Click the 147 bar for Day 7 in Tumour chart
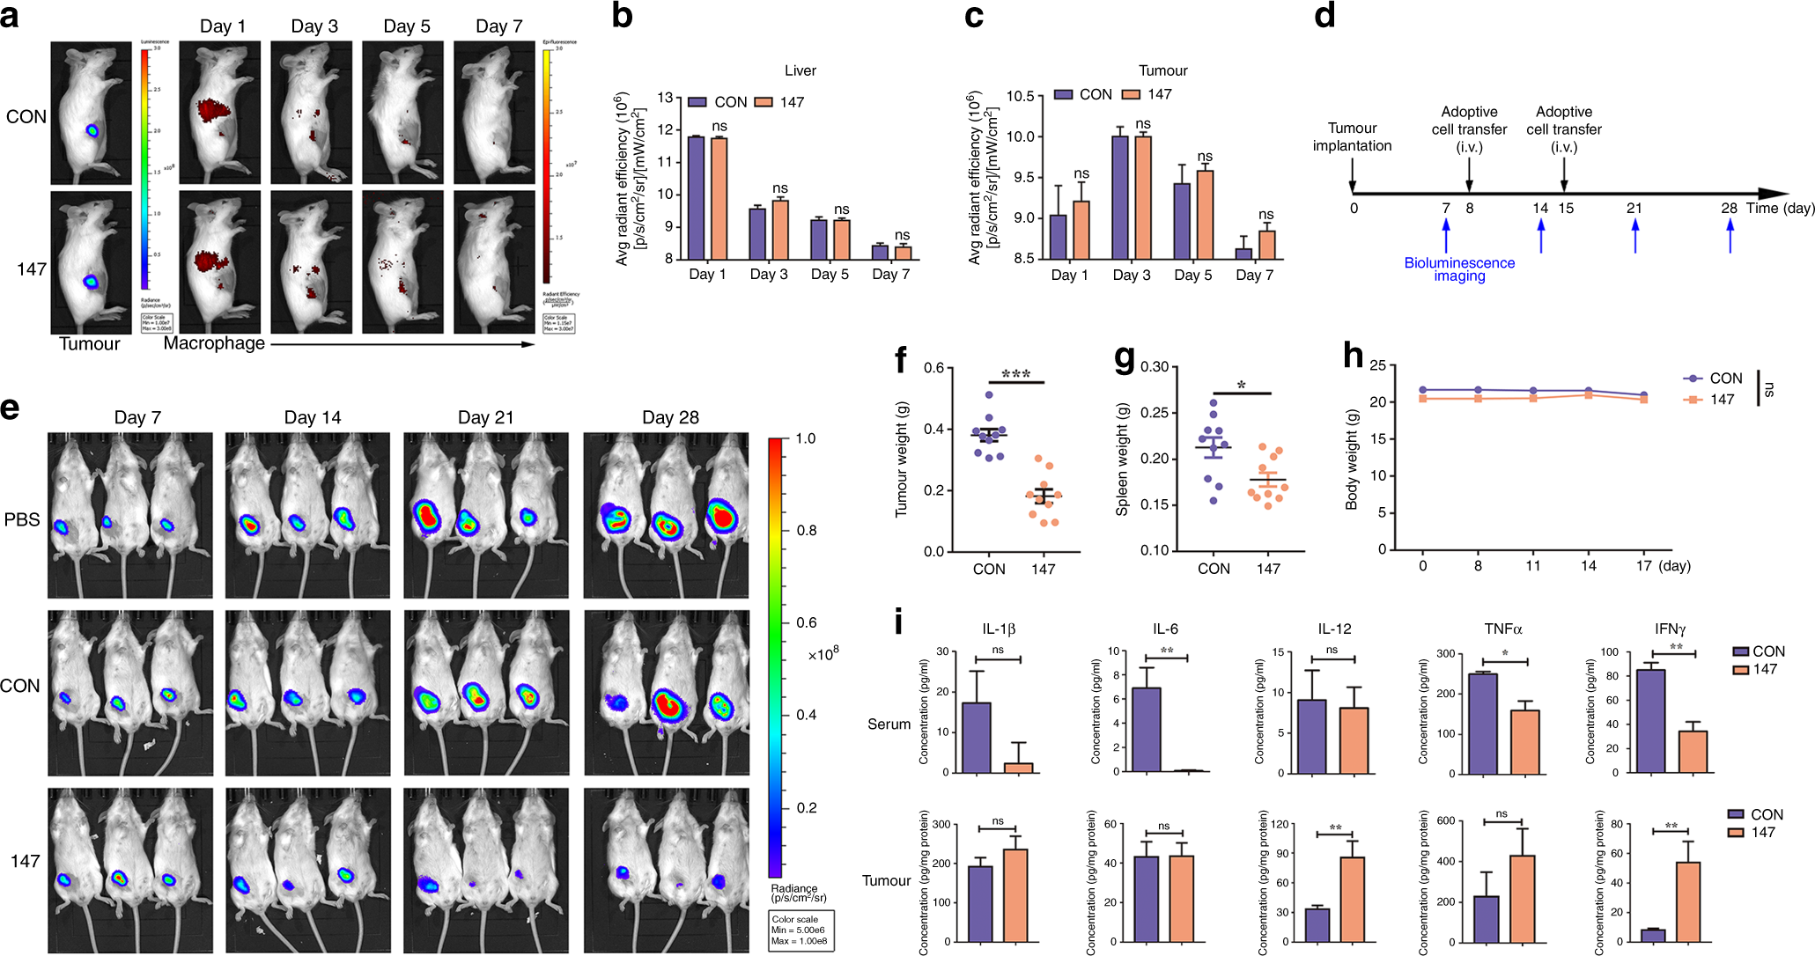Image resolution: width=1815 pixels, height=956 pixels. tap(1267, 244)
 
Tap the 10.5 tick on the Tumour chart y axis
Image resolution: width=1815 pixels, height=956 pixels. tap(1020, 96)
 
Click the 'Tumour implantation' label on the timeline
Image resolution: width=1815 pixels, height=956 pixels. tap(1352, 136)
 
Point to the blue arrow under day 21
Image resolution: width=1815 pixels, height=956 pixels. tap(1635, 235)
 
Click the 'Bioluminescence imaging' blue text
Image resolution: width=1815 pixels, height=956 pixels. tap(1459, 269)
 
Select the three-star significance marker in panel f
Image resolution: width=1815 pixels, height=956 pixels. tap(1015, 374)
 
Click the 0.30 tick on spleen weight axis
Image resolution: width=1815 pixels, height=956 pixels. tap(1155, 366)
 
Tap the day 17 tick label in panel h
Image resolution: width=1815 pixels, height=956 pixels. tap(1643, 566)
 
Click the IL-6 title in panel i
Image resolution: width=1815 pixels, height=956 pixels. tap(1165, 629)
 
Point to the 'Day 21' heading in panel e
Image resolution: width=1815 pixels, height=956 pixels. tap(485, 417)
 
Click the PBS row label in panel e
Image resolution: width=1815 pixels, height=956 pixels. tap(22, 519)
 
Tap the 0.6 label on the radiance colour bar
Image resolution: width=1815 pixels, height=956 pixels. tap(807, 622)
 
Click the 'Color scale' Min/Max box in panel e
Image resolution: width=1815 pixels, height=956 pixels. tap(801, 930)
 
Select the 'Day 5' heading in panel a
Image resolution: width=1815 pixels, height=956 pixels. tap(407, 26)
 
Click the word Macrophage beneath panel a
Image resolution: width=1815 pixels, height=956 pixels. tap(214, 343)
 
